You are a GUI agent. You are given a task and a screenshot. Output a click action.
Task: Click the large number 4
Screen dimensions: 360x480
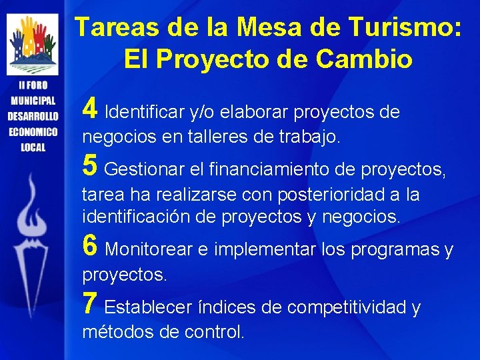[x=91, y=108]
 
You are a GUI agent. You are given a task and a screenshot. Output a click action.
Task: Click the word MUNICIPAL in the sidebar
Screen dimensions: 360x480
[x=33, y=101]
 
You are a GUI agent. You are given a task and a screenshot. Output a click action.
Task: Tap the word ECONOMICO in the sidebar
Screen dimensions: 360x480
[x=33, y=131]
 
